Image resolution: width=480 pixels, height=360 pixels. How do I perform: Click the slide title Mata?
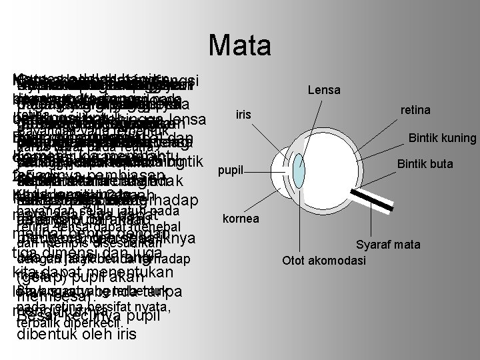coord(239,46)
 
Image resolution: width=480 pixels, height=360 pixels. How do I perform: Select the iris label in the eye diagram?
coord(243,115)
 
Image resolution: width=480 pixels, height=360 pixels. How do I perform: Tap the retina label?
coord(415,109)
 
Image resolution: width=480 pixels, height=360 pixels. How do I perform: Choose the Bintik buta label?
coord(426,163)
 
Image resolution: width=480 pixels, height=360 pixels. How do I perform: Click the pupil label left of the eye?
coord(230,170)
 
